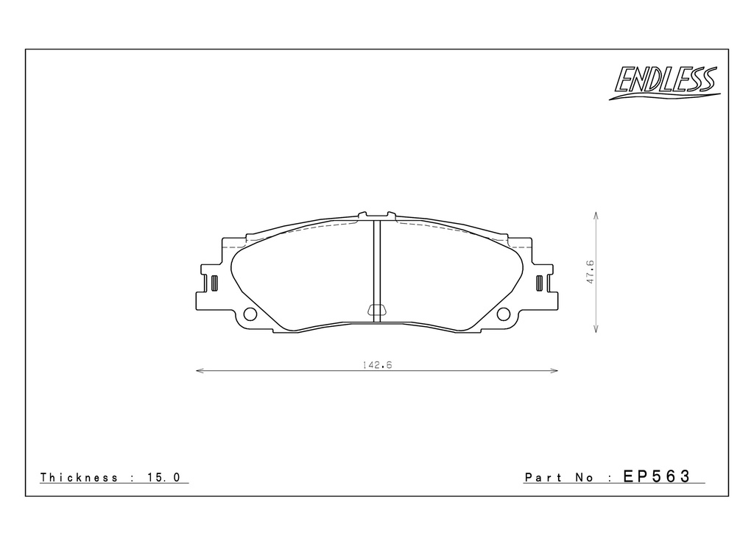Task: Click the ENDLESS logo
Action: pyautogui.click(x=665, y=82)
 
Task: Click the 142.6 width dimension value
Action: pyautogui.click(x=378, y=365)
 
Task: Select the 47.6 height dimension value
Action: pyautogui.click(x=591, y=272)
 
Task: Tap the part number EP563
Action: pyautogui.click(x=657, y=476)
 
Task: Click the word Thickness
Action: pyautogui.click(x=79, y=477)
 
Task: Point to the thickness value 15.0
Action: pyautogui.click(x=164, y=477)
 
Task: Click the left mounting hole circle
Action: pyautogui.click(x=250, y=314)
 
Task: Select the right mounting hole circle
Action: pyautogui.click(x=504, y=314)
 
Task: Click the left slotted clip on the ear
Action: pyautogui.click(x=214, y=283)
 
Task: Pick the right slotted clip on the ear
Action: pyautogui.click(x=540, y=283)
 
